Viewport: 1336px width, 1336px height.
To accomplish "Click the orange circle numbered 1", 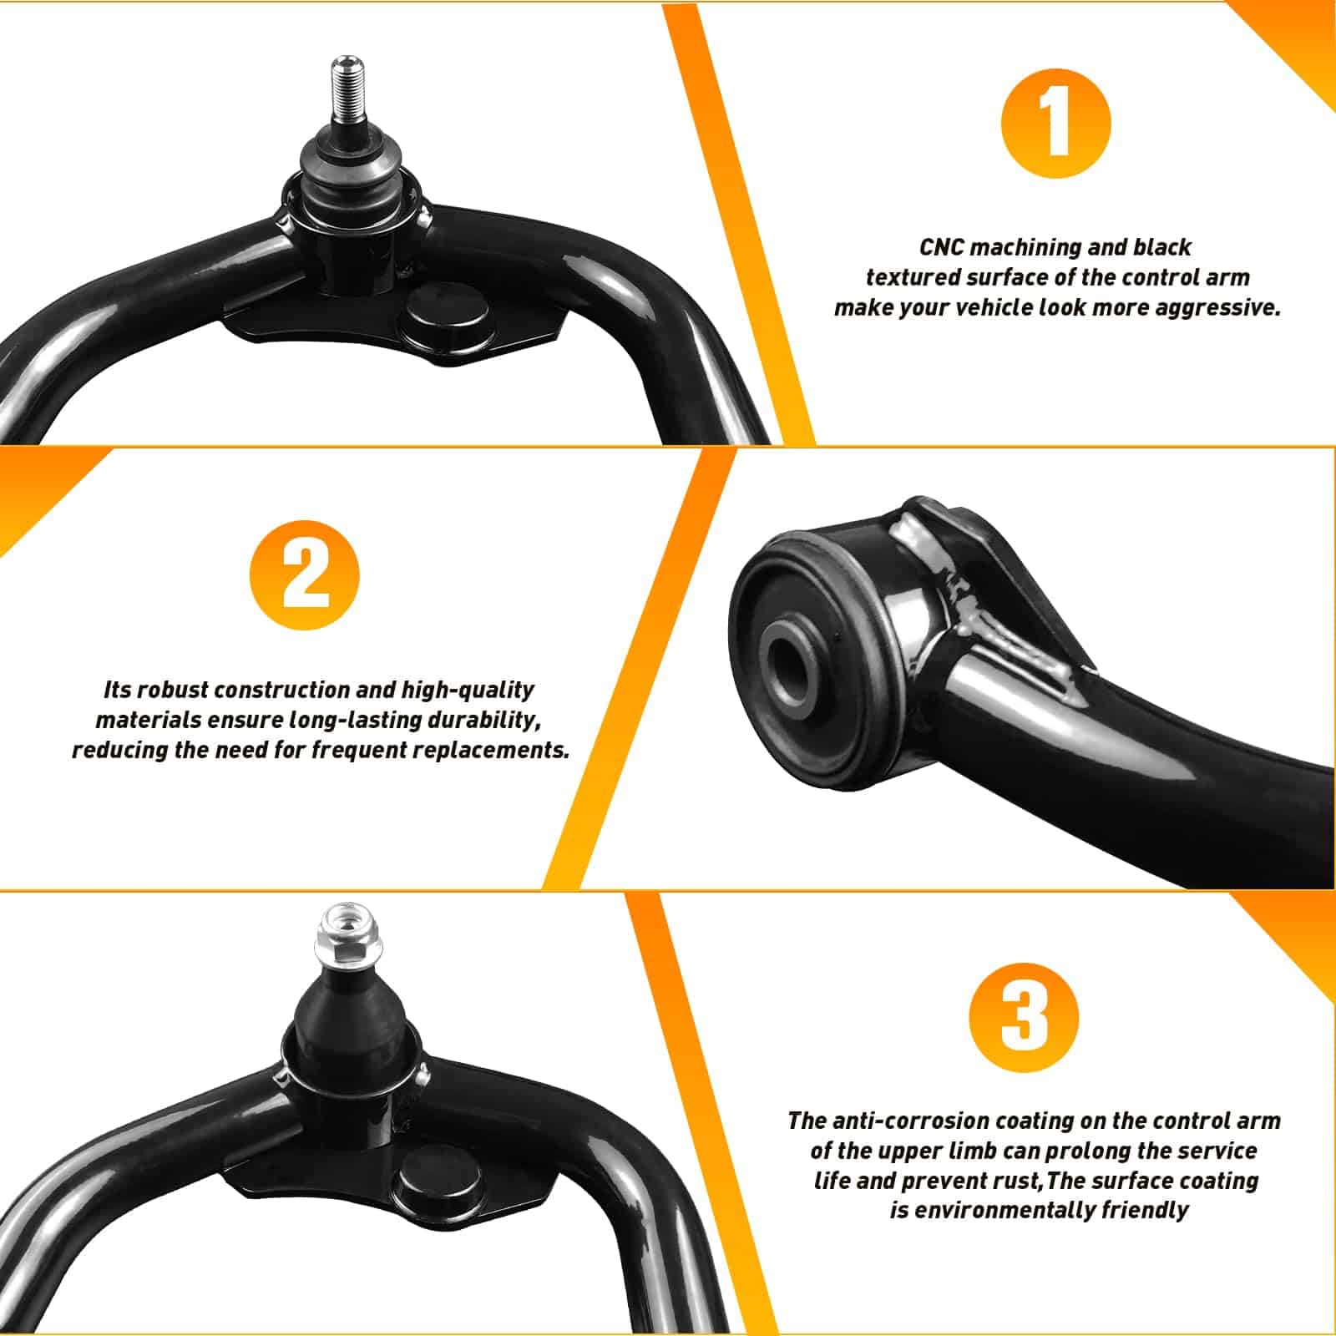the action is (1055, 123).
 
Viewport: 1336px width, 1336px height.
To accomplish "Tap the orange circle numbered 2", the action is (305, 575).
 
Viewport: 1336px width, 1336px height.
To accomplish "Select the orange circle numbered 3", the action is (1024, 1017).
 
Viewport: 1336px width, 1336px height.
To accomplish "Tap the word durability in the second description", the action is (478, 721).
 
